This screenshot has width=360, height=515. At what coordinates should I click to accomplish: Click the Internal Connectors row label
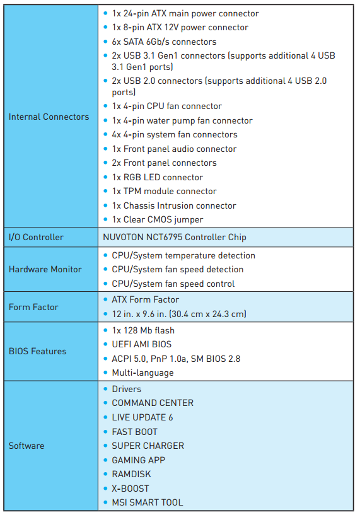tap(49, 117)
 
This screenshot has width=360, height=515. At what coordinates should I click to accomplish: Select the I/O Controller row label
tap(36, 237)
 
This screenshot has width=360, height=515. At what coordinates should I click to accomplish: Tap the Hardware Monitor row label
tap(45, 269)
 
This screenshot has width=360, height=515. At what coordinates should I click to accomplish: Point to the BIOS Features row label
tap(37, 351)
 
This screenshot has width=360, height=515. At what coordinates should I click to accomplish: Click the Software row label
tap(26, 446)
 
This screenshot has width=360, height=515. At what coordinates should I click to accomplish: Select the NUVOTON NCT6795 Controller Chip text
tap(175, 237)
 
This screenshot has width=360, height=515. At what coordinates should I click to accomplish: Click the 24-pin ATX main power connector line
tap(185, 13)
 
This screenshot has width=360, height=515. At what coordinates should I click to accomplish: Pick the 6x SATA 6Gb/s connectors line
tap(164, 42)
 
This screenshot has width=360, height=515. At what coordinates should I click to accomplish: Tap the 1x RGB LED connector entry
tap(158, 177)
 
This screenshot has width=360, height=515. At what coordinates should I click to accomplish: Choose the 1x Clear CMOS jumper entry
tap(158, 219)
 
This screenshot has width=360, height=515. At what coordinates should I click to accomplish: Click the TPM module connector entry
tap(164, 191)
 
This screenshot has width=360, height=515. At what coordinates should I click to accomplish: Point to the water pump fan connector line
tap(182, 120)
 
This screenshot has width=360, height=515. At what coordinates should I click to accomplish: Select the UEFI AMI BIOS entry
tap(142, 344)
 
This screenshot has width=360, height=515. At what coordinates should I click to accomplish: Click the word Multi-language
tap(142, 373)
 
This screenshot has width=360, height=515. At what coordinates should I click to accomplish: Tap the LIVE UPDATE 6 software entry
tap(142, 417)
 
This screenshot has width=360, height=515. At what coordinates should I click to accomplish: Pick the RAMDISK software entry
tap(131, 474)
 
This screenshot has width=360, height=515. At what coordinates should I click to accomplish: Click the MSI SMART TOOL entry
tap(148, 502)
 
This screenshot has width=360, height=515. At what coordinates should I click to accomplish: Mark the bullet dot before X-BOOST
tap(105, 489)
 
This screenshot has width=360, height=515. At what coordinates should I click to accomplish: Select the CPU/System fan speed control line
tap(173, 284)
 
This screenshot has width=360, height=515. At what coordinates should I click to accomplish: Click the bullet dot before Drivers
tap(105, 389)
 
